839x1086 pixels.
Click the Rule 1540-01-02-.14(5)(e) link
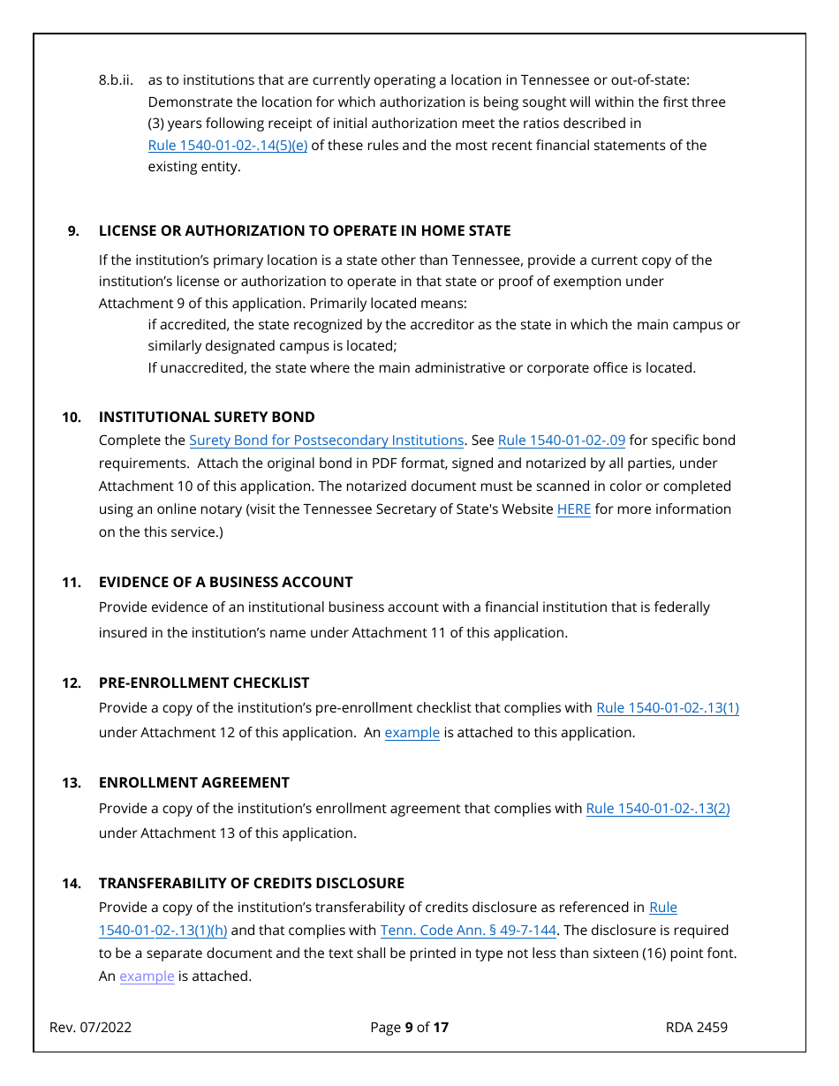227,146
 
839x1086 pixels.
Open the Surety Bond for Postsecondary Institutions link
326,441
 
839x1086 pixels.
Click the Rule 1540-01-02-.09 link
561,441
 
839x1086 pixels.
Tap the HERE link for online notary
573,509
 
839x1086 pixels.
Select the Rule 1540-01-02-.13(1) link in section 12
667,708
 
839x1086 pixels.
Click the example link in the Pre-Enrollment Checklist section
412,733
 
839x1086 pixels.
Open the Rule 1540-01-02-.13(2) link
657,809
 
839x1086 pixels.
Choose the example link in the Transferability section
147,977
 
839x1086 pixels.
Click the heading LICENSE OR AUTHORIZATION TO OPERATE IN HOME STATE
305,231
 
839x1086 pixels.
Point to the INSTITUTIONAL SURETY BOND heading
207,418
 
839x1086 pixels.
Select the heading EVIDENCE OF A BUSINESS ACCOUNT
225,583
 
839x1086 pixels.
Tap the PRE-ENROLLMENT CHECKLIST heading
204,683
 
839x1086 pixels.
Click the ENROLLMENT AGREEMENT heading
193,783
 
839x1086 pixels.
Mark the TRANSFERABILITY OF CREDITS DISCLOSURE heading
251,884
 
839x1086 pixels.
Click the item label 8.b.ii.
116,80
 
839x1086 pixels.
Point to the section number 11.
71,583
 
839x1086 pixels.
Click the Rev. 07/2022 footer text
90,1028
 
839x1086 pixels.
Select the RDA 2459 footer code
697,1028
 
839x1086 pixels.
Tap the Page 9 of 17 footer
409,1028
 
